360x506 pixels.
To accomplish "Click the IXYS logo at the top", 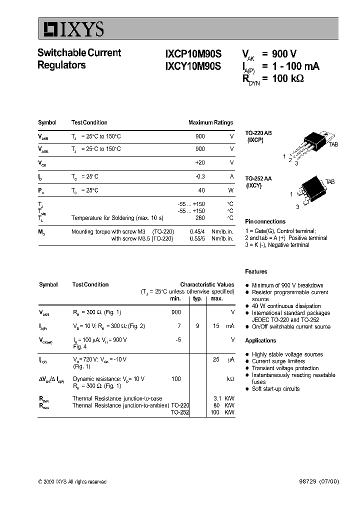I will (x=71, y=30).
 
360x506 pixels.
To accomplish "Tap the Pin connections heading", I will (x=265, y=221).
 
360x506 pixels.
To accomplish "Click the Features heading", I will (x=256, y=271).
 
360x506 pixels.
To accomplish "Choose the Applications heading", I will (x=260, y=340).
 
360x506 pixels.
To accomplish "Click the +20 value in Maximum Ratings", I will (x=199, y=163).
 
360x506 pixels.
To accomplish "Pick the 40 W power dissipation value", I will (x=201, y=190).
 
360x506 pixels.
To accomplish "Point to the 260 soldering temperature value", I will (x=200, y=218).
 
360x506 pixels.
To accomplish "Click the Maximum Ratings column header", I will (x=210, y=122).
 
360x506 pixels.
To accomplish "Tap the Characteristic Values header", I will (x=207, y=284).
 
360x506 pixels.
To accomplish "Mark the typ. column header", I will (x=197, y=298).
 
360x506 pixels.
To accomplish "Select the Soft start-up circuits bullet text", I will (x=275, y=389).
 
